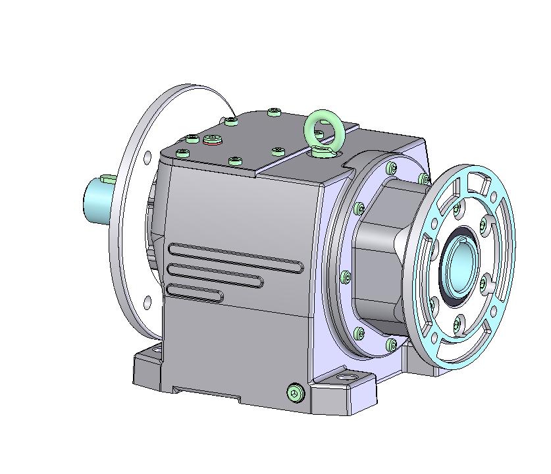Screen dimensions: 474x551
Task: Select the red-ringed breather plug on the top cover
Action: pos(213,139)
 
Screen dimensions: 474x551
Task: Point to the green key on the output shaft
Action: pos(107,178)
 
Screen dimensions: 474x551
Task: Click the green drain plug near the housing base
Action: pos(296,393)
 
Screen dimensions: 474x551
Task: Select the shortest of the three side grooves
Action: pos(195,292)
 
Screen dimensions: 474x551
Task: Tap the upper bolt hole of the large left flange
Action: pos(147,157)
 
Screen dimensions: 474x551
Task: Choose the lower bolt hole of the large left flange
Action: pos(147,302)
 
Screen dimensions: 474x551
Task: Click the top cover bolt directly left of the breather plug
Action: pos(192,139)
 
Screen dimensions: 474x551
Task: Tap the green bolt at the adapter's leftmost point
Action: pos(344,277)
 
